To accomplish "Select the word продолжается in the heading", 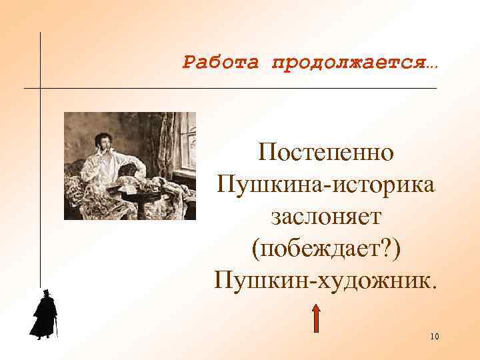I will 348,63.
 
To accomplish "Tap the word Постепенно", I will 327,152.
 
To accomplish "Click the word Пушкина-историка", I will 327,183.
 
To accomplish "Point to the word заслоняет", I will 327,215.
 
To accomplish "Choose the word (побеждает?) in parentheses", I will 327,247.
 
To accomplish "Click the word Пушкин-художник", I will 327,279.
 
